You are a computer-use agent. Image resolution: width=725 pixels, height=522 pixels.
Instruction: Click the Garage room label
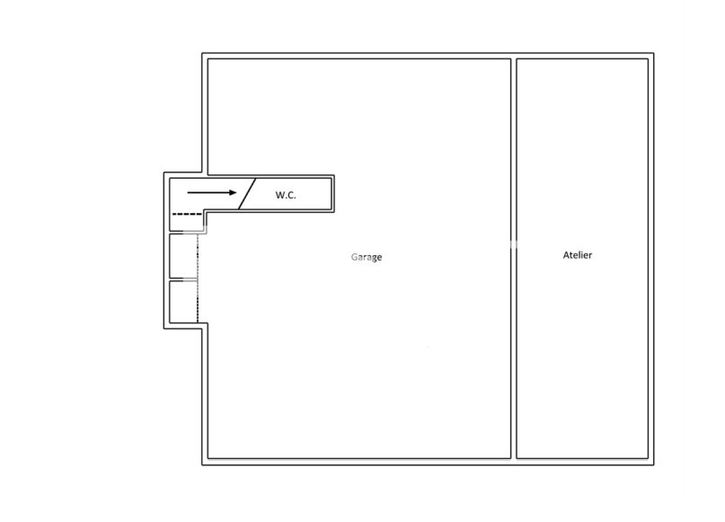pos(367,257)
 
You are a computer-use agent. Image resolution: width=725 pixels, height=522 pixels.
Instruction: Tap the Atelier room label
pos(578,255)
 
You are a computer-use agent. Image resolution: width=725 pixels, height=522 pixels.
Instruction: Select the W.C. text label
pos(286,195)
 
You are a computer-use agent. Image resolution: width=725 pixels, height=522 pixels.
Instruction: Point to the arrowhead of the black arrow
pos(233,192)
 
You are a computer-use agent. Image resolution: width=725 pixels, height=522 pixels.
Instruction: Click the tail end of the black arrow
pos(188,192)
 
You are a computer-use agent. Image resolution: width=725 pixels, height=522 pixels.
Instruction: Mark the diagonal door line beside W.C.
pos(247,194)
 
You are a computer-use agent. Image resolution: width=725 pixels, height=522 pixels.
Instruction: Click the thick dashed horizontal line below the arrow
pos(187,214)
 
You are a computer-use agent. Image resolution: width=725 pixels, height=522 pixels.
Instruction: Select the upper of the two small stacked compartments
pos(183,256)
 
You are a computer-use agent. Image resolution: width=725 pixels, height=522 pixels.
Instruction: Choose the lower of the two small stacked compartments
pos(183,302)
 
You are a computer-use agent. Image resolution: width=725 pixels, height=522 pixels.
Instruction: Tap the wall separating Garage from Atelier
pos(514,259)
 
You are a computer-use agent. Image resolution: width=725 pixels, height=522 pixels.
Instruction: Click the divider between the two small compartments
pos(183,279)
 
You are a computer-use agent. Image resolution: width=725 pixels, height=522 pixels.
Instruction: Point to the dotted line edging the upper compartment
pos(198,256)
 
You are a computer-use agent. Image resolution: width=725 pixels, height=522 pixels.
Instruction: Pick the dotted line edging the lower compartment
pos(198,302)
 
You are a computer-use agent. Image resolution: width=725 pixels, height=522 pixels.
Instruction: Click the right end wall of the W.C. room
pos(333,194)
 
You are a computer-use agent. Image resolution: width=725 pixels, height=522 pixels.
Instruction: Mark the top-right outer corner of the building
pos(654,53)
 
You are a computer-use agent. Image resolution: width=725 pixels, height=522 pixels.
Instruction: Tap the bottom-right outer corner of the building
pos(654,464)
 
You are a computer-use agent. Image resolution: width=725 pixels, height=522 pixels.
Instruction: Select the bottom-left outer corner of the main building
pos(202,464)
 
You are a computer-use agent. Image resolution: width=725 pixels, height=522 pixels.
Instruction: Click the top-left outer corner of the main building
pos(202,53)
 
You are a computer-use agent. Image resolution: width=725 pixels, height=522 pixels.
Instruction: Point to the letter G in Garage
pos(354,257)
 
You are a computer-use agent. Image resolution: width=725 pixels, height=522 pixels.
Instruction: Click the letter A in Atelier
pos(566,255)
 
